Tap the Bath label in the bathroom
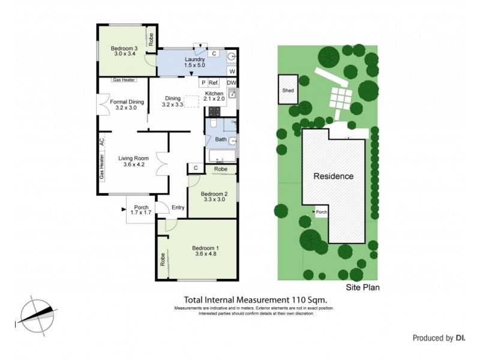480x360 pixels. pyautogui.click(x=221, y=140)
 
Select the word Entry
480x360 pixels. pyautogui.click(x=178, y=208)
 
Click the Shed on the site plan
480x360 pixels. pyautogui.click(x=287, y=91)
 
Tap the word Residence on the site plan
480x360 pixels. pyautogui.click(x=334, y=176)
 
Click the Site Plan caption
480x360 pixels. pyautogui.click(x=362, y=287)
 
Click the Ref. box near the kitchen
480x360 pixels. pyautogui.click(x=214, y=83)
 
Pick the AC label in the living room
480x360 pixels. pyautogui.click(x=101, y=142)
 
